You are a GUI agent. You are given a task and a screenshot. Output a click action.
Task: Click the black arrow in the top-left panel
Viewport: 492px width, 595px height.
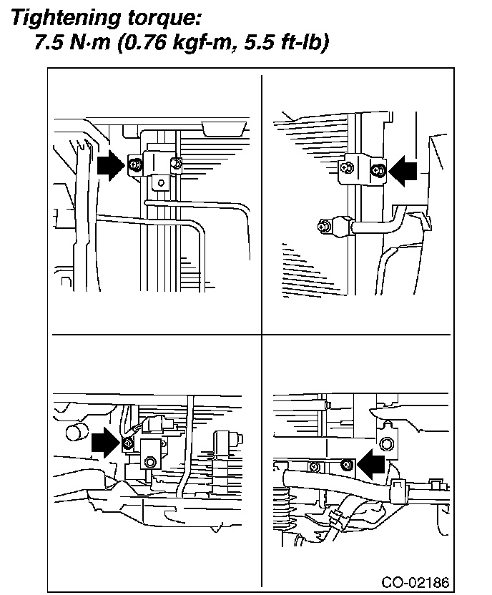tap(109, 166)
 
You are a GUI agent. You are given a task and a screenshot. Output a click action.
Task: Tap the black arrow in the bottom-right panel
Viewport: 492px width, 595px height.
tap(371, 466)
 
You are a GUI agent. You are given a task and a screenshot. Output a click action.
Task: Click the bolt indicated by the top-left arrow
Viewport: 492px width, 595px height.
tap(134, 166)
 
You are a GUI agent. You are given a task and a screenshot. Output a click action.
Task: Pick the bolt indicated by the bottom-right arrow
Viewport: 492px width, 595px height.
tap(346, 466)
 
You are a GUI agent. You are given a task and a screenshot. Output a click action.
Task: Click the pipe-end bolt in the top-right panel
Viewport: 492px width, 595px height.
tap(323, 227)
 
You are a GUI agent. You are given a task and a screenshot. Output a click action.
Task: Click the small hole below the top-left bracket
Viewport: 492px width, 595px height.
tap(162, 183)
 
